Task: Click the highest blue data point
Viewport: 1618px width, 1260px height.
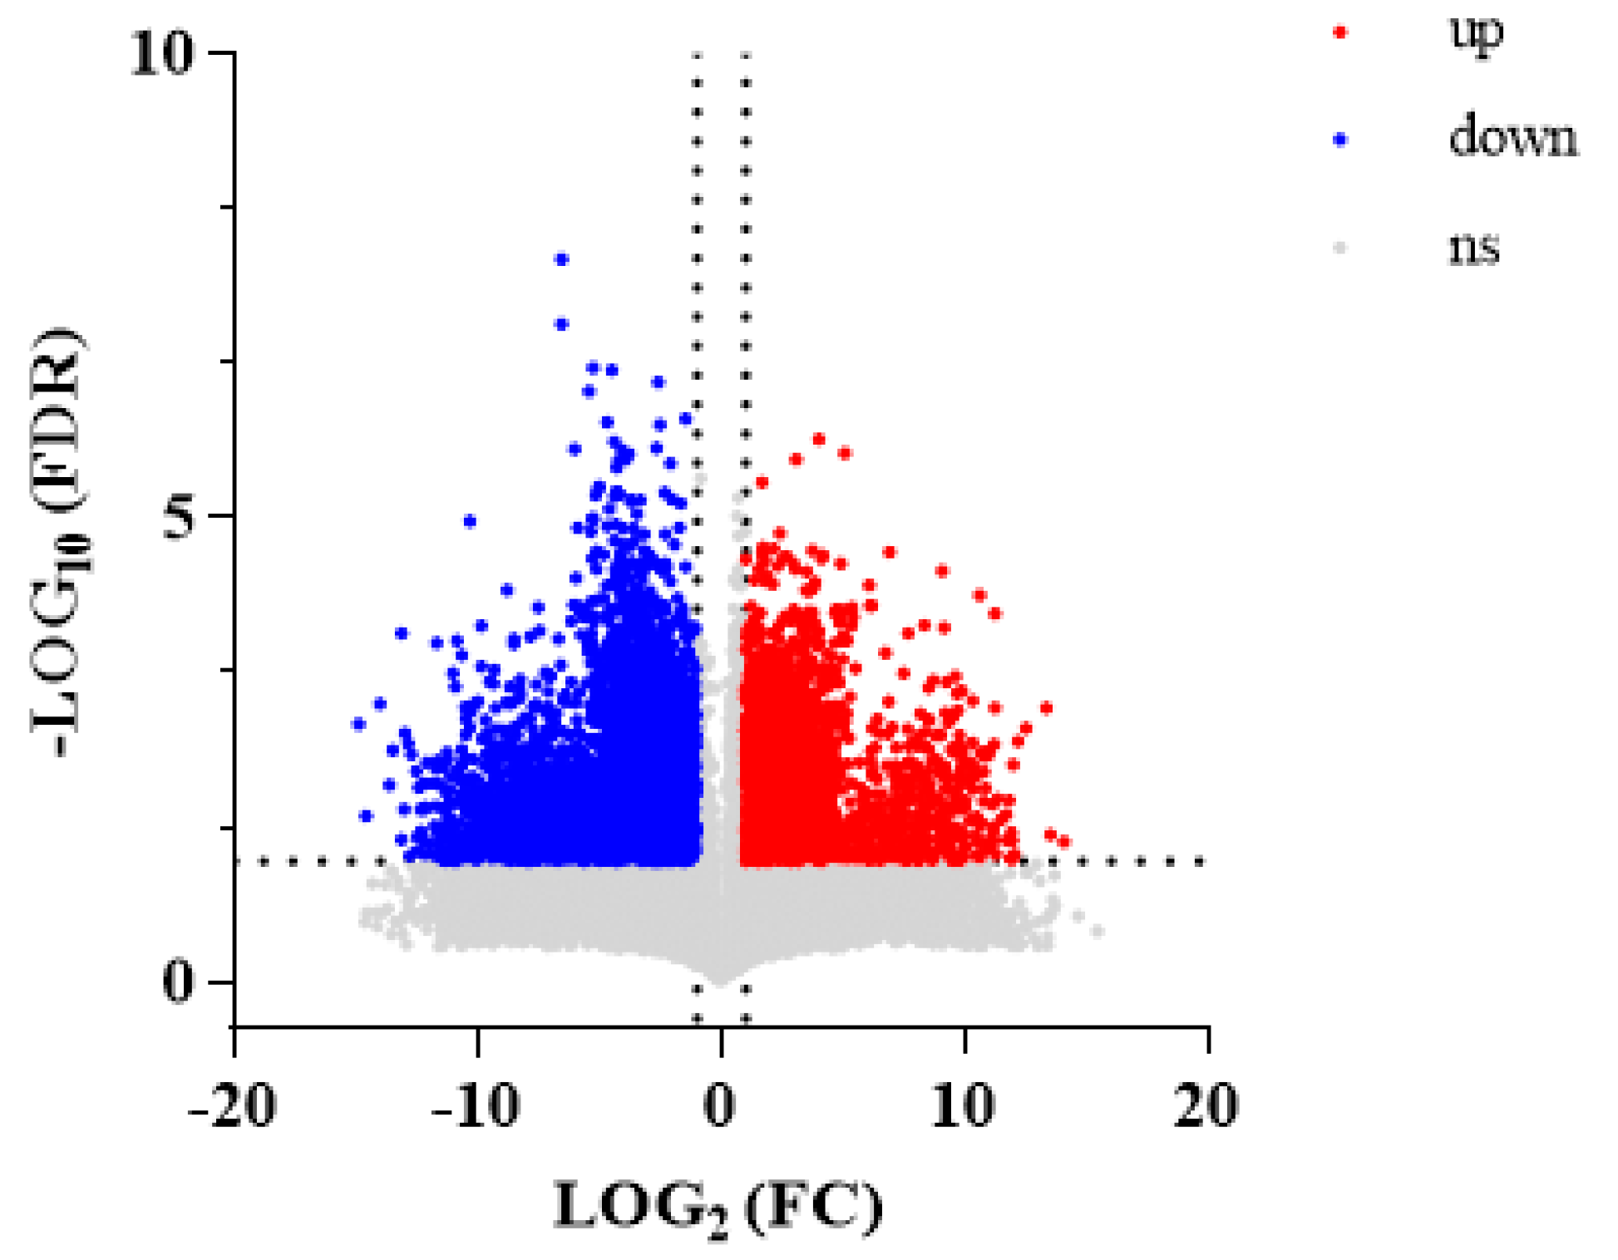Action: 561,259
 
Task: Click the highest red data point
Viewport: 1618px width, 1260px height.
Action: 819,439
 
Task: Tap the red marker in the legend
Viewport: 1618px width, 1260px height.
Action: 1339,32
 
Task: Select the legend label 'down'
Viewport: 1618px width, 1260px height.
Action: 1512,137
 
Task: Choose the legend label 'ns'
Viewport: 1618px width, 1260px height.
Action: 1474,248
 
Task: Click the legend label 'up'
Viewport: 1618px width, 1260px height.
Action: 1477,32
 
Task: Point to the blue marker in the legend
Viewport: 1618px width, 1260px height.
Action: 1339,140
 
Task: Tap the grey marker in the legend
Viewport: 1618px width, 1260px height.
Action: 1339,248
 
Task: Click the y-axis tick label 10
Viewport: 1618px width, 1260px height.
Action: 163,55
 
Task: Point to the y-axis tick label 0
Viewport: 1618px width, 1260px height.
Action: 177,982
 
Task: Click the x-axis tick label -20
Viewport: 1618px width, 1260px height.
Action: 233,1107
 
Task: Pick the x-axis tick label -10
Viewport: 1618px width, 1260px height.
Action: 476,1107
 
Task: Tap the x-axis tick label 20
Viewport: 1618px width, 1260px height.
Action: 1206,1107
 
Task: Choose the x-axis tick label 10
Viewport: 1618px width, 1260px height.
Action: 964,1107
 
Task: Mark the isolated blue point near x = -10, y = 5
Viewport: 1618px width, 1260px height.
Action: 470,521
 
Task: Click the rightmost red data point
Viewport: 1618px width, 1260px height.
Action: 1063,842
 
